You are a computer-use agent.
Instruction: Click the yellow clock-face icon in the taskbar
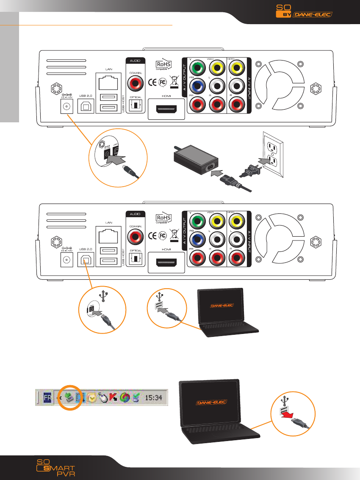[90, 398]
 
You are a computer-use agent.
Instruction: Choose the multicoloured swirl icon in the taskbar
[125, 398]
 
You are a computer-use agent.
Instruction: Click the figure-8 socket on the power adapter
[210, 167]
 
